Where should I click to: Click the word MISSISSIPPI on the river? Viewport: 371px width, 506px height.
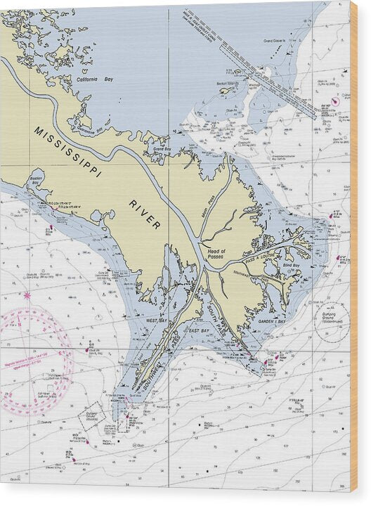click(67, 151)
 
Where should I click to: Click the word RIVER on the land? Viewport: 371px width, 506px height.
click(145, 214)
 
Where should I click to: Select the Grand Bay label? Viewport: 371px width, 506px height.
click(162, 149)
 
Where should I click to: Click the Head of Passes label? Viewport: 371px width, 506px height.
click(215, 254)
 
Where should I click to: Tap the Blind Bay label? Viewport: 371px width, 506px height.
click(291, 265)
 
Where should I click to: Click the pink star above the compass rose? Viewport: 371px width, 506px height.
click(27, 295)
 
